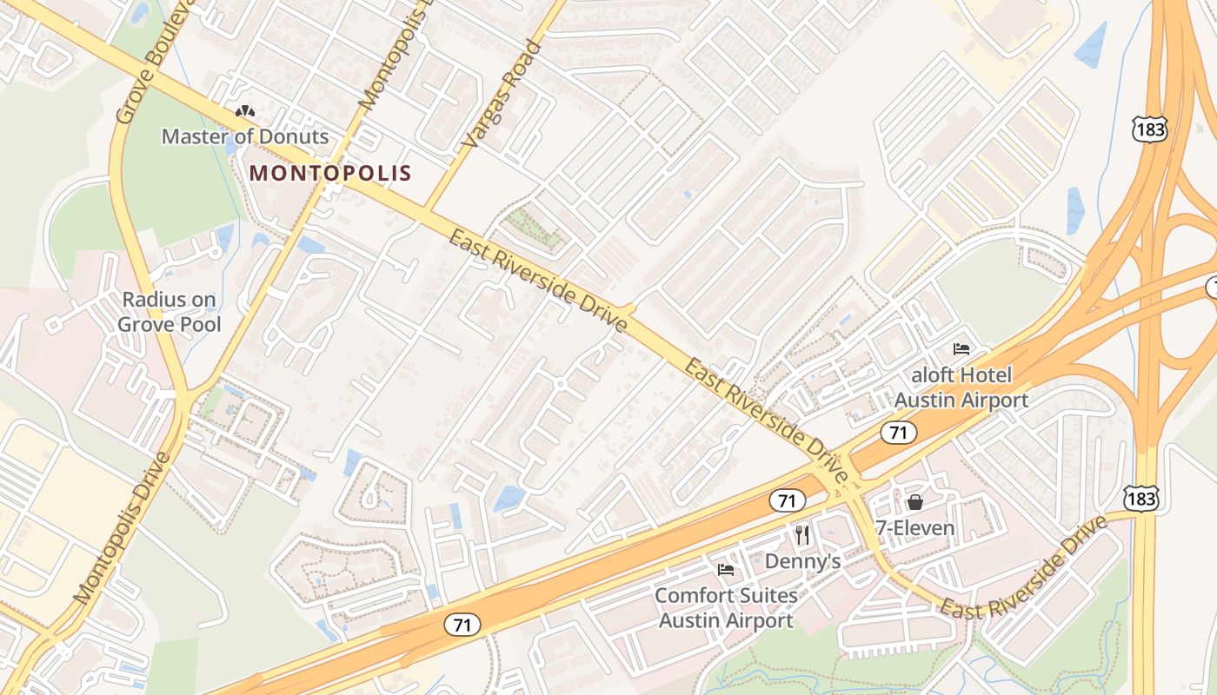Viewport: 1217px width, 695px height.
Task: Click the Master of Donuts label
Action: click(x=245, y=136)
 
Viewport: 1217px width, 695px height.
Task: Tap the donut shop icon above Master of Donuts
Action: click(x=245, y=112)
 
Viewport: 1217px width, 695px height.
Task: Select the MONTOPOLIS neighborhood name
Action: click(x=330, y=173)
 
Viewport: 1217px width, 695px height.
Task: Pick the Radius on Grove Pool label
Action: click(x=170, y=313)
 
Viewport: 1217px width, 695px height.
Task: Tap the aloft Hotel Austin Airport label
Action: click(x=961, y=387)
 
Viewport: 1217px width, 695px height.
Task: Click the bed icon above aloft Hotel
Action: click(x=961, y=349)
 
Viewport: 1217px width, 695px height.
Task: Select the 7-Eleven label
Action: click(x=914, y=528)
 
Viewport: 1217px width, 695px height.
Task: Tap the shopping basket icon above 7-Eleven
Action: click(x=914, y=502)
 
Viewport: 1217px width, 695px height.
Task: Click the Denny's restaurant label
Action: click(x=802, y=562)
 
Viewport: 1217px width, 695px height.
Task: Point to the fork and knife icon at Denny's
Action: click(x=802, y=535)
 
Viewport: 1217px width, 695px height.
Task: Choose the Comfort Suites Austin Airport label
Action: click(x=726, y=608)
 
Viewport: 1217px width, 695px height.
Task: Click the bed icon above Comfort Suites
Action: click(x=726, y=570)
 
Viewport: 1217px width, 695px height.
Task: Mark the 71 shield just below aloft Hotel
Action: click(x=898, y=432)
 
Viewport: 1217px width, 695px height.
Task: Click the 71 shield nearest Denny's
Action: click(x=787, y=500)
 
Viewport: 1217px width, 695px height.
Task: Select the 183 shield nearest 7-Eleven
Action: click(x=1140, y=498)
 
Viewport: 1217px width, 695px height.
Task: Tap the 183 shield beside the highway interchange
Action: click(x=1149, y=129)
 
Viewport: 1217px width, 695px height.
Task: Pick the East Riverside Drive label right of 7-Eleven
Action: click(x=1026, y=569)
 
